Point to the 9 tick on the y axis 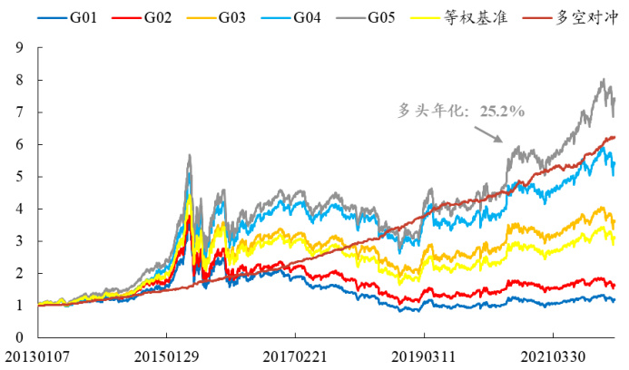click(x=19, y=47)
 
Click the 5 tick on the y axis click(x=19, y=176)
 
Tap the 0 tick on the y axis click(x=19, y=337)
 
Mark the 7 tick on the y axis click(x=19, y=112)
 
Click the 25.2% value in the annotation click(x=504, y=111)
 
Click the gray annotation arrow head click(x=499, y=141)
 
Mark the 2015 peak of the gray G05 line click(x=189, y=155)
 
